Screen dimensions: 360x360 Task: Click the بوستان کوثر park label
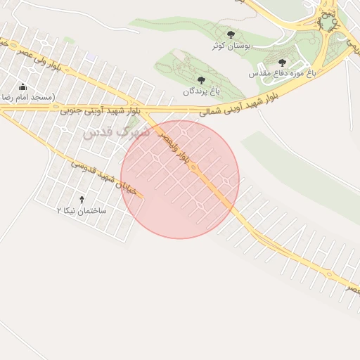pos(232,46)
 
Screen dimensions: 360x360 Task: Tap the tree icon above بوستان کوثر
pos(231,34)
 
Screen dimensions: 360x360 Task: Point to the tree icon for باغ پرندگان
pos(202,80)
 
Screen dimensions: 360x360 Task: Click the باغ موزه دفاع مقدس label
pos(282,73)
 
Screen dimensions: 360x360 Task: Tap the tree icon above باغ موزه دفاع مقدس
pos(282,63)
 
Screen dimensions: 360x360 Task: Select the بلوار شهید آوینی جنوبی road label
pos(100,110)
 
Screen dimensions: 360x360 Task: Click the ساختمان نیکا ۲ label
pos(82,210)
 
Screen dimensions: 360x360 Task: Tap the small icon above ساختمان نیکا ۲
pos(82,200)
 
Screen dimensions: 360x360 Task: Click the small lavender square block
pos(89,56)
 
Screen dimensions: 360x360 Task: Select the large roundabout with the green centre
pos(328,22)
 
